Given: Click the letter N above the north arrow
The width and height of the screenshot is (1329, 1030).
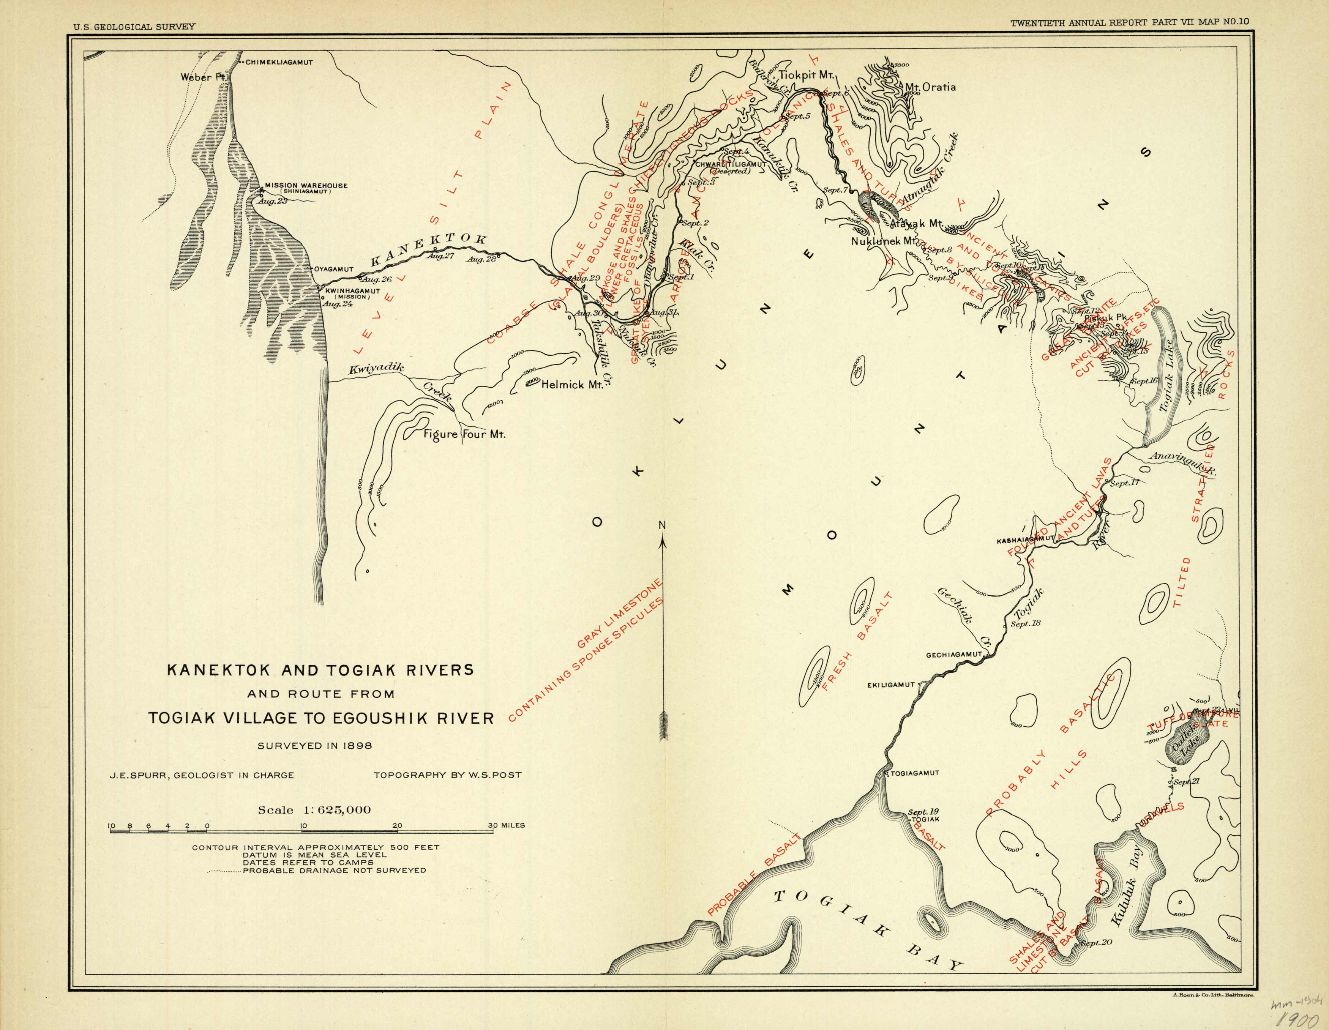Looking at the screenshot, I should click(663, 526).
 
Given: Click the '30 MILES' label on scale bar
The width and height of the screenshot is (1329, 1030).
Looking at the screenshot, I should click(506, 826).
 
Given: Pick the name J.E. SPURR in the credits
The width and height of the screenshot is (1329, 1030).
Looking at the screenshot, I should click(131, 776).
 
